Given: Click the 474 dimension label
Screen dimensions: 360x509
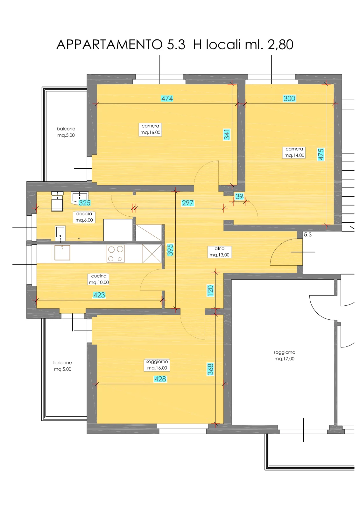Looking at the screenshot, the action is tap(167, 98).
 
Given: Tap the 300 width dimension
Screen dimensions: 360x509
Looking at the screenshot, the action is tap(289, 98).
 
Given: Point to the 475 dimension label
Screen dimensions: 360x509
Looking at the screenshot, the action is tap(321, 155).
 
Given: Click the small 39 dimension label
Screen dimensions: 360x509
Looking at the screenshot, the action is tap(239, 196).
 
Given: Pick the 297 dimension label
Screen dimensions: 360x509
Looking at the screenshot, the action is tap(187, 203).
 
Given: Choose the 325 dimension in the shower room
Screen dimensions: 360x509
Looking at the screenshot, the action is tap(85, 203).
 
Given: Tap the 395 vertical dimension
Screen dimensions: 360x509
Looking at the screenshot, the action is tap(170, 250).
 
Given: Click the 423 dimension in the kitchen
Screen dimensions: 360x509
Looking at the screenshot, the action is tap(99, 295).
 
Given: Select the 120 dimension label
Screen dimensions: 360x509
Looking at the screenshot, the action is tap(210, 291).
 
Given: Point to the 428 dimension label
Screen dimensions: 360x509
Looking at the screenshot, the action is tap(160, 379).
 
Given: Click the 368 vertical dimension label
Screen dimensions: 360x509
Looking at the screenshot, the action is tap(210, 369).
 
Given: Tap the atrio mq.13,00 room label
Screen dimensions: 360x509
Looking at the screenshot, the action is tap(219, 252).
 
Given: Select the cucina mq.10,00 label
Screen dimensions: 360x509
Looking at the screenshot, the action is tap(99, 279).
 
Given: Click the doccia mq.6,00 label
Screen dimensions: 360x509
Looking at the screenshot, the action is tap(84, 217).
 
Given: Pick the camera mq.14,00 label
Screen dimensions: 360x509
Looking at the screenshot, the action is tap(294, 152).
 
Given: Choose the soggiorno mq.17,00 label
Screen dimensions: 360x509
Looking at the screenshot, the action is tap(284, 355).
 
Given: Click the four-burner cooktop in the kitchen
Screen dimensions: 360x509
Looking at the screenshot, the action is tap(116, 253).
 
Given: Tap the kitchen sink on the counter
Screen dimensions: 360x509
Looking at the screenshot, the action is tap(62, 253).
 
